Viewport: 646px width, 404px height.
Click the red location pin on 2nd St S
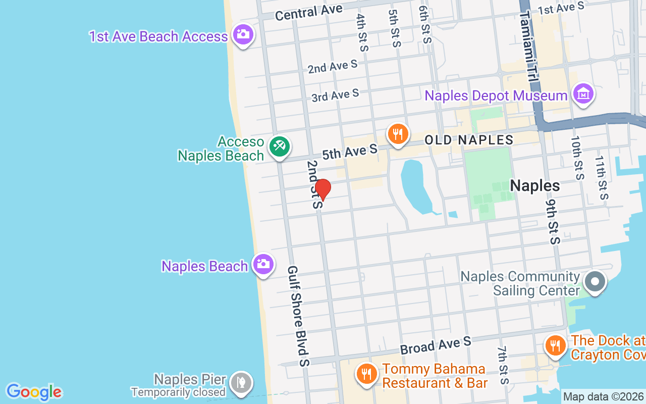322,189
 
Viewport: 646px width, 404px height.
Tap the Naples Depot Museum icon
583,93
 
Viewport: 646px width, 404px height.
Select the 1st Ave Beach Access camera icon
243,34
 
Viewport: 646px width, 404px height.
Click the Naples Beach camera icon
263,264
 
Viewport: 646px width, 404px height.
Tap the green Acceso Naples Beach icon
279,146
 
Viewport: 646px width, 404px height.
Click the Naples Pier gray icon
241,383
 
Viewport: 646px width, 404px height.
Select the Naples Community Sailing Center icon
595,281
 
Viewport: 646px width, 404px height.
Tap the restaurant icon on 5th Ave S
398,134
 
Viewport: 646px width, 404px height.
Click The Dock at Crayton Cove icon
555,346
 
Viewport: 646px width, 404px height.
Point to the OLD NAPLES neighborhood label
469,140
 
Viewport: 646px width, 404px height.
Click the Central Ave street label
308,12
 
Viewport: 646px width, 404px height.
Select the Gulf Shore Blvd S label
298,316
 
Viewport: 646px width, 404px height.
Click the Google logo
34,392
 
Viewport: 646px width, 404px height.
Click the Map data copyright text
604,396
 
